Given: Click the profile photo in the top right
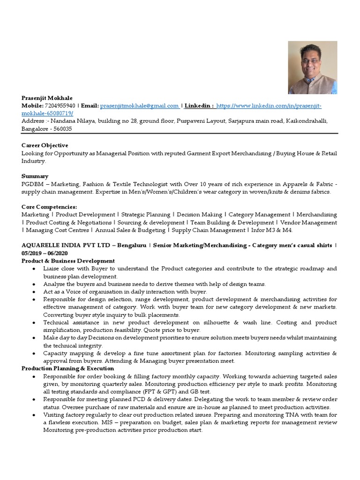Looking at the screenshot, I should [312, 67].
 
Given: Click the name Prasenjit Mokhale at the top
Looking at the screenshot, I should [47, 98].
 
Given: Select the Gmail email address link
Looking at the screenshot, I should [139, 106].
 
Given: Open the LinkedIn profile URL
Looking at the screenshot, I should [269, 106].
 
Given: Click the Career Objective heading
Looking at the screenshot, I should [45, 145].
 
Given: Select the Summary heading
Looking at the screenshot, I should [35, 176].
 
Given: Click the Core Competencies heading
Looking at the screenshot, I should [49, 207].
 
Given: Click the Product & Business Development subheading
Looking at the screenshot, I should [68, 261].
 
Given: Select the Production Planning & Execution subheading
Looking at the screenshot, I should [67, 368].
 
